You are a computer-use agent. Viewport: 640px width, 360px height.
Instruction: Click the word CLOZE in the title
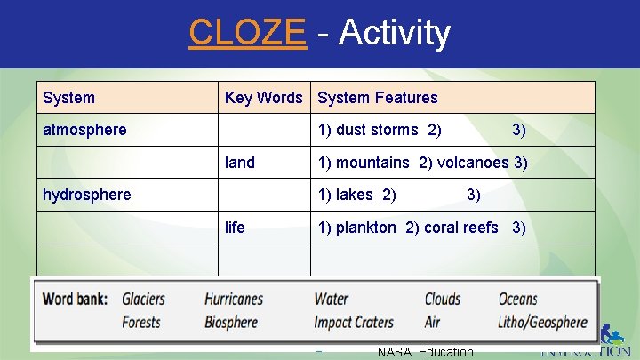point(247,33)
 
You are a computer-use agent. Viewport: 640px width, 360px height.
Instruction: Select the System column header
point(68,98)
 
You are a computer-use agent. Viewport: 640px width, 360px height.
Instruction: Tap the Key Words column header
point(263,98)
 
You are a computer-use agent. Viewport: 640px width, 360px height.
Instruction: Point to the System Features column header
point(378,98)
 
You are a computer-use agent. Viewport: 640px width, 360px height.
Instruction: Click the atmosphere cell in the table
point(84,130)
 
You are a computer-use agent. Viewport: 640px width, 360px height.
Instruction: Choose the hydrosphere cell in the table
point(86,195)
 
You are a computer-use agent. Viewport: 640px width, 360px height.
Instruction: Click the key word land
point(240,163)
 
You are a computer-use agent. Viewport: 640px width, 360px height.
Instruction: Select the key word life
point(235,228)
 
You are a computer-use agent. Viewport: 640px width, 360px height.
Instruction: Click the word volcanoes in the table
point(473,163)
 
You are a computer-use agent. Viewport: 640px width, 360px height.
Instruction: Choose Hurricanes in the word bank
point(234,300)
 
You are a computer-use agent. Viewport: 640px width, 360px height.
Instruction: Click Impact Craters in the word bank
point(354,322)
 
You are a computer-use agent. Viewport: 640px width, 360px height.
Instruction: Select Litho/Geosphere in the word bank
point(542,322)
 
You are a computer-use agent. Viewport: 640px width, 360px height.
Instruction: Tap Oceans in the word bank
point(517,300)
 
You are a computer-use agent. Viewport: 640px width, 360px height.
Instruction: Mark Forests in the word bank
point(141,322)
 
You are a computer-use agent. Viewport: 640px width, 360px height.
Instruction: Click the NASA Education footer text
point(425,352)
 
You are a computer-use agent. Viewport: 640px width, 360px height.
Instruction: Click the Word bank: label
point(75,300)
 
